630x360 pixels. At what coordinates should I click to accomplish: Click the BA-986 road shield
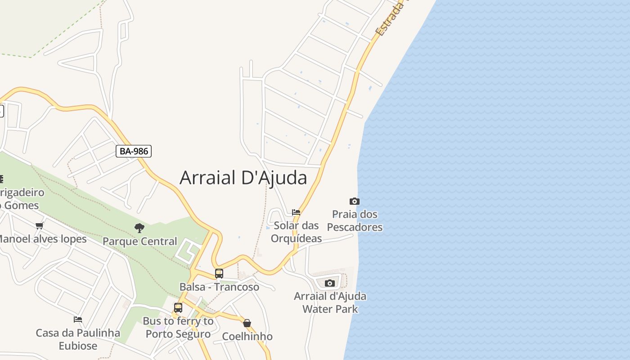(x=134, y=151)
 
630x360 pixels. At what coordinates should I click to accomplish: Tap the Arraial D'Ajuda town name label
(x=243, y=178)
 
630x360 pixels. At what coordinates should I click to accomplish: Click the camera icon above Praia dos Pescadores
(x=355, y=201)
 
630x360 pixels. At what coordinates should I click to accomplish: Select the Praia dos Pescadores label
(x=355, y=220)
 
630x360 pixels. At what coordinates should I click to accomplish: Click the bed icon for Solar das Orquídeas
(x=296, y=212)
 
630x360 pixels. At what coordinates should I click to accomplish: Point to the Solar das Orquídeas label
(x=296, y=232)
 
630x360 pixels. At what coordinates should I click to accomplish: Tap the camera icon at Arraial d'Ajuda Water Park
(x=330, y=283)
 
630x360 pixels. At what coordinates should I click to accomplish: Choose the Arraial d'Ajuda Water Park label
(x=330, y=302)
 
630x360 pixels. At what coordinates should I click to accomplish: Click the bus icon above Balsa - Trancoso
(x=219, y=273)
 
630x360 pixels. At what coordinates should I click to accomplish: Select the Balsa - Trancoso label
(x=219, y=287)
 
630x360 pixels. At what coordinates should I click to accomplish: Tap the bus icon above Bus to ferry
(x=178, y=308)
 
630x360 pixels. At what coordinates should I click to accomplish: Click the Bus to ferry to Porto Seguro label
(x=178, y=328)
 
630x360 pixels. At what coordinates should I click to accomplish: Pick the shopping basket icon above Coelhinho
(x=247, y=323)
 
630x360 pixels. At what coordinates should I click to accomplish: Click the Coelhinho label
(x=247, y=336)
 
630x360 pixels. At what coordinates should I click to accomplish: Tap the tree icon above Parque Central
(x=139, y=228)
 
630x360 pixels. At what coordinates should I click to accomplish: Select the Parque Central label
(x=139, y=241)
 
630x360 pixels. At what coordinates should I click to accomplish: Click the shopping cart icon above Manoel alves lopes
(x=40, y=225)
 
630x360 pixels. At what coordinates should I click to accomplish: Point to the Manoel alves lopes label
(x=43, y=238)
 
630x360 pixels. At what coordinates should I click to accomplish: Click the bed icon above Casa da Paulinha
(x=78, y=319)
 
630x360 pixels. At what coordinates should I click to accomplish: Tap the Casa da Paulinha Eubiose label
(x=78, y=339)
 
